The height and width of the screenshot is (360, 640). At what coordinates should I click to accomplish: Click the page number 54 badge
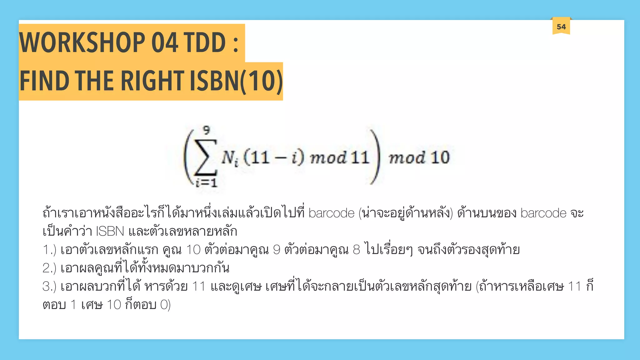point(561,27)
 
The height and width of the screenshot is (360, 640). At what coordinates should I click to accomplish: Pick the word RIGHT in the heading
point(152,81)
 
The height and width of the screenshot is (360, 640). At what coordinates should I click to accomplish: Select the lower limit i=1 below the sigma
point(206,182)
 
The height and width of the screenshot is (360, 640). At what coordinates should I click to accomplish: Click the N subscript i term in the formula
point(230,158)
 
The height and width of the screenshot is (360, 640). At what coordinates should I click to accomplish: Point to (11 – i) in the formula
point(274,157)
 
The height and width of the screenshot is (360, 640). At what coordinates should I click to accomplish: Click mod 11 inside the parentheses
point(339,157)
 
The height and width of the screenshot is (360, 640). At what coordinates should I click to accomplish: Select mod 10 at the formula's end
point(419,157)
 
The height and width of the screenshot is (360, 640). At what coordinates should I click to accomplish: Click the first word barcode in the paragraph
point(331,213)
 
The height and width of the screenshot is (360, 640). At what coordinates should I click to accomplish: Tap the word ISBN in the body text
point(110,232)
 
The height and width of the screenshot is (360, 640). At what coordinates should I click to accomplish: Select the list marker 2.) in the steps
point(49,268)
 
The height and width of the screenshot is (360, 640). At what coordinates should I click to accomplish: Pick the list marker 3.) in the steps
point(49,286)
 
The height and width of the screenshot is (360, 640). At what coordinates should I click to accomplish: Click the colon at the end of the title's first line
point(236,44)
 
